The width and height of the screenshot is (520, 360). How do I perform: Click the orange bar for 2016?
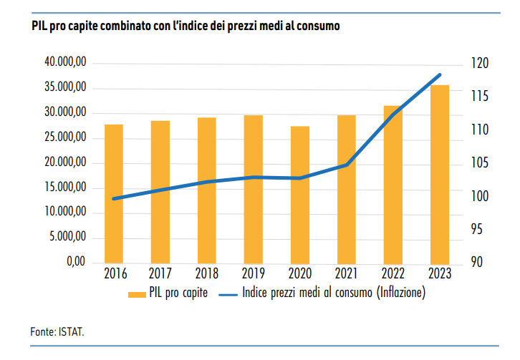[x=114, y=193]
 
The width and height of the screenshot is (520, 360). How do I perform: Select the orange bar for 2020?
[x=300, y=194]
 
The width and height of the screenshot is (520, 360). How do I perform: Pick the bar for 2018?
[x=207, y=190]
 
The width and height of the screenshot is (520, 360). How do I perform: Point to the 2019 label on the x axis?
[x=254, y=273]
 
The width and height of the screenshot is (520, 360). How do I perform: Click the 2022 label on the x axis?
[x=393, y=273]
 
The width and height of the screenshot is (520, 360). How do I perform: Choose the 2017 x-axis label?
[x=160, y=273]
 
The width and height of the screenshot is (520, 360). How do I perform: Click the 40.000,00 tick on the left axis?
[x=66, y=63]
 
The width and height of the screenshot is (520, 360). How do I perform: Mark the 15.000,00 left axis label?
[x=66, y=188]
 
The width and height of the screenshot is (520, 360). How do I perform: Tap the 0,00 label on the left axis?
[x=75, y=262]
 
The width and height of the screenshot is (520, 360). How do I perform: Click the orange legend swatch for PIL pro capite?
[x=136, y=293]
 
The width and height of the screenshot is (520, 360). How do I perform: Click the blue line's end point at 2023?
[x=440, y=74]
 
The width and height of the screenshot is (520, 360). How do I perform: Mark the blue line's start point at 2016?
[x=114, y=198]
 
